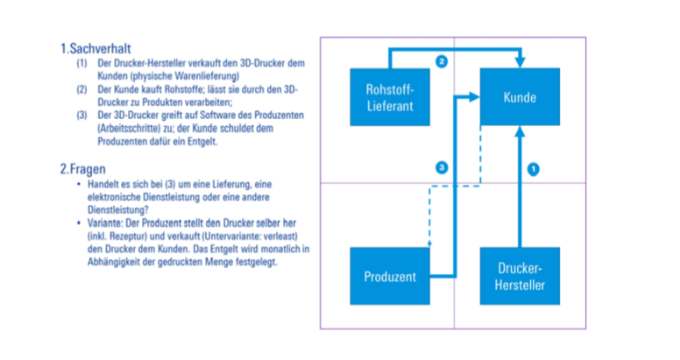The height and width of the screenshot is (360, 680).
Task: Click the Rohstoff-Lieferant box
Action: coord(388,97)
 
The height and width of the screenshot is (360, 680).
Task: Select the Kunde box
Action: coord(519,96)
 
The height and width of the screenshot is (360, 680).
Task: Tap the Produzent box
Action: coord(389,277)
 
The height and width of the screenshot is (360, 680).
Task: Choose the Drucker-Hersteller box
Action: coord(519,277)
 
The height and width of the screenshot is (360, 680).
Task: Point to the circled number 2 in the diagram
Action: coord(442,61)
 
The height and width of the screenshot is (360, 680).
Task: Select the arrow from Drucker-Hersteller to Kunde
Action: coord(519,193)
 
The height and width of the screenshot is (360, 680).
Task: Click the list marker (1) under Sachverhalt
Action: coord(81,63)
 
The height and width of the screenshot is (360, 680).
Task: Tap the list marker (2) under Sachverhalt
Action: coord(81,88)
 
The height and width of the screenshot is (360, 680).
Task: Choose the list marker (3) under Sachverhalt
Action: coord(81,114)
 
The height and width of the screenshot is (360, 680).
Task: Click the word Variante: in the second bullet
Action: coord(107,223)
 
